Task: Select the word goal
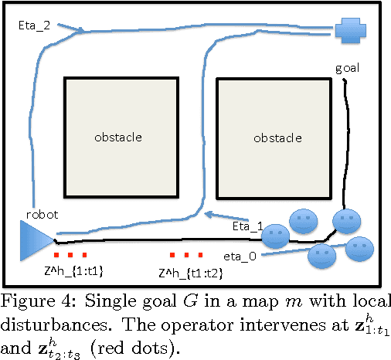[x=347, y=68]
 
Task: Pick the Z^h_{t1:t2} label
[x=186, y=273]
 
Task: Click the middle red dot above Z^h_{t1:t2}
[x=185, y=255]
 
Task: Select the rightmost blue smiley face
[x=359, y=248]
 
